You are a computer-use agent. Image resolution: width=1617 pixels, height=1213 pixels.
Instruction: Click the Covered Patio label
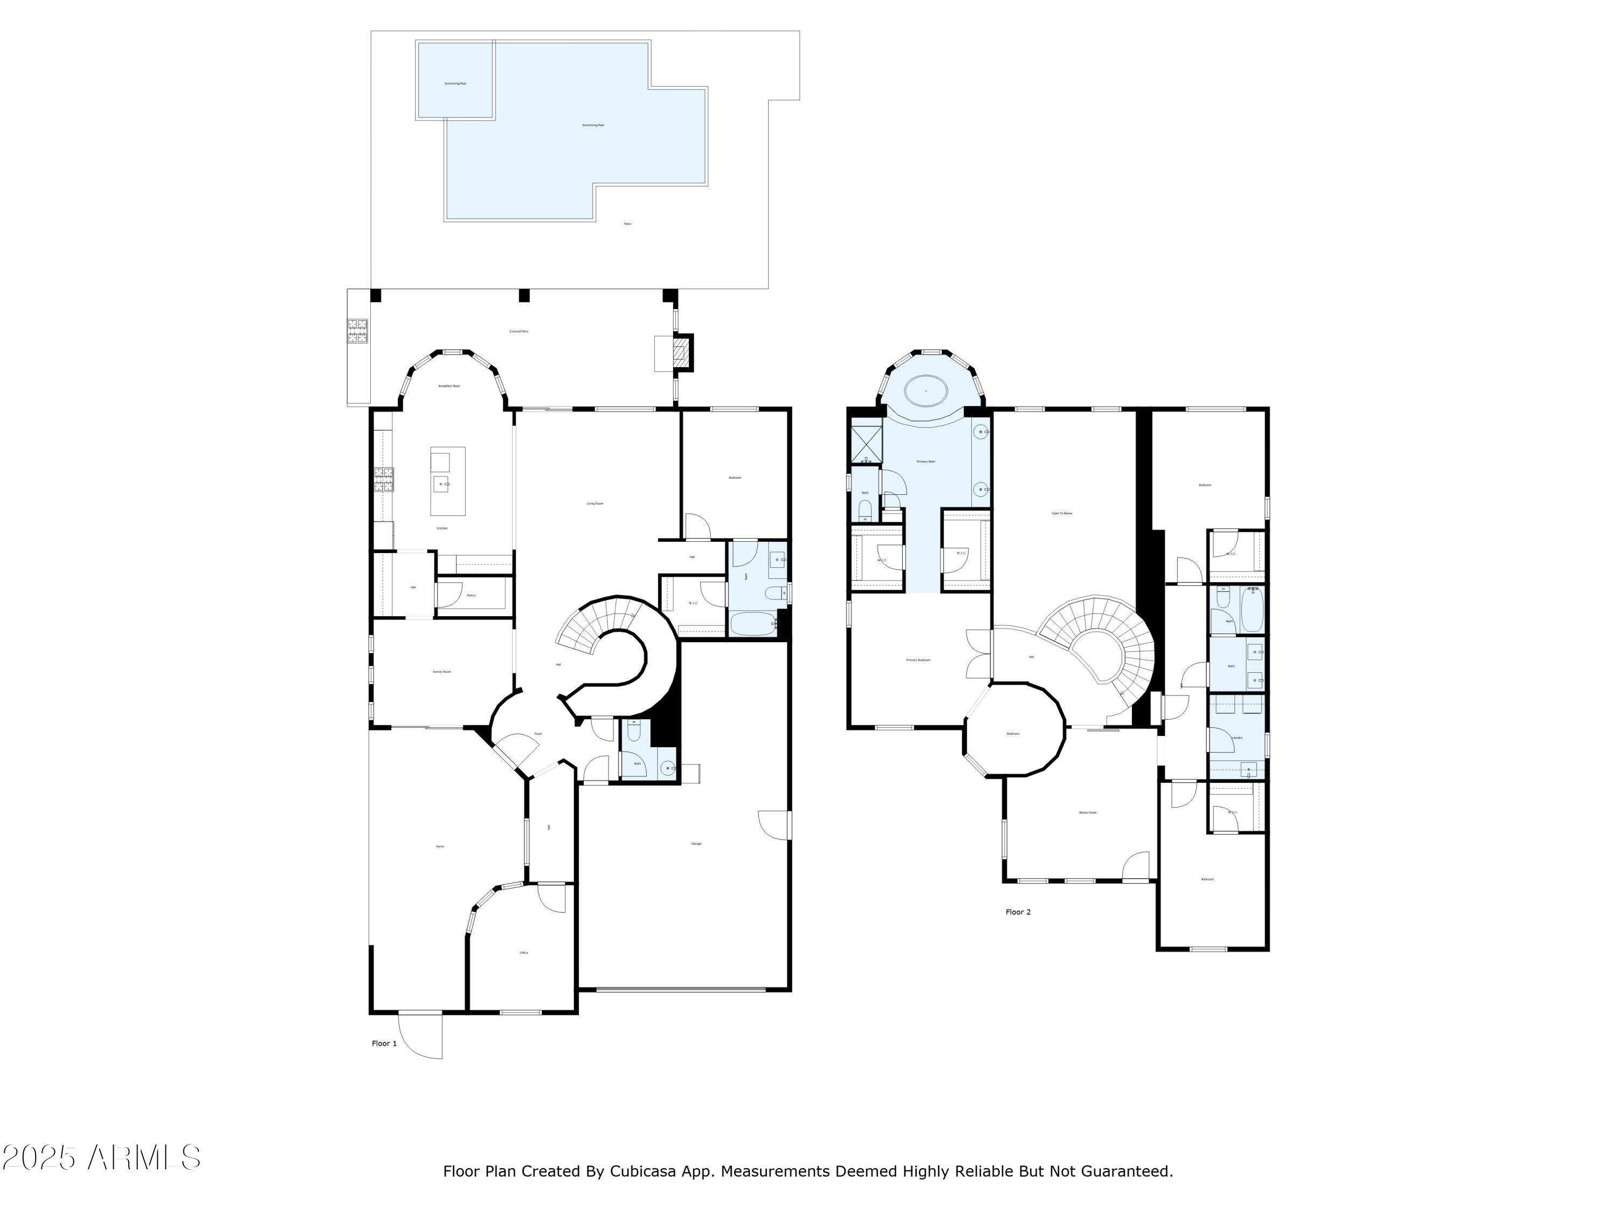click(519, 331)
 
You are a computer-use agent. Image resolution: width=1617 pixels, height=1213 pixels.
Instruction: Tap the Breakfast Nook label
click(449, 386)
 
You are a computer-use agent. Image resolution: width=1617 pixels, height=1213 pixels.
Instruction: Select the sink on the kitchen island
click(441, 483)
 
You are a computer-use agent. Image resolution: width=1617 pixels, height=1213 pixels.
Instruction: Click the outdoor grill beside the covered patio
click(357, 331)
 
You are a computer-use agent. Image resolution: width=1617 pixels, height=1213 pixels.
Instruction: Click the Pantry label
click(471, 595)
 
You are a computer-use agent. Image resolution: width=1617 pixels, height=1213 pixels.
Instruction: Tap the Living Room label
click(595, 503)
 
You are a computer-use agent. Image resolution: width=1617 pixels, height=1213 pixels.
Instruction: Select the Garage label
click(696, 844)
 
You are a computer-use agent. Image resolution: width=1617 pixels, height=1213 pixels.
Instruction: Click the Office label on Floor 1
click(523, 953)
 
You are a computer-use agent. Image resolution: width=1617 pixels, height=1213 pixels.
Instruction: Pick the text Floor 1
click(384, 1043)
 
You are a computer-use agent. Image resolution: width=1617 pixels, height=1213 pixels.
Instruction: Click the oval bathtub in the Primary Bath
click(925, 390)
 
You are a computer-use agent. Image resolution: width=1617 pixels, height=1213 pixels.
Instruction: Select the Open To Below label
click(1061, 513)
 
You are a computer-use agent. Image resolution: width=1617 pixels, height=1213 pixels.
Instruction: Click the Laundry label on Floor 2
click(1237, 738)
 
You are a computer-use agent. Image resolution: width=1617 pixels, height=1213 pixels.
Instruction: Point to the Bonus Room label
click(1088, 812)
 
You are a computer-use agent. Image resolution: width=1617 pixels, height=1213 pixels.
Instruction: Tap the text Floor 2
click(1018, 912)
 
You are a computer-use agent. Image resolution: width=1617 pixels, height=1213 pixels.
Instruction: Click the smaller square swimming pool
click(455, 80)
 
